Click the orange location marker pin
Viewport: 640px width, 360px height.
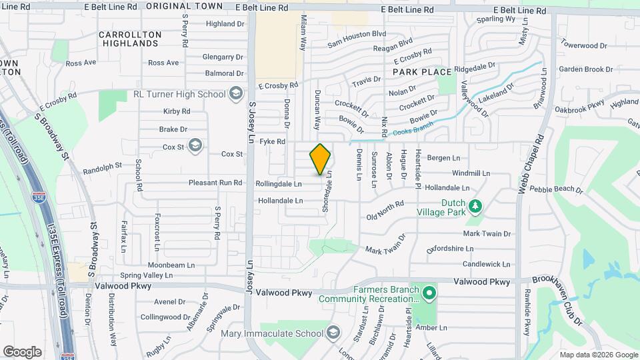pos(320,159)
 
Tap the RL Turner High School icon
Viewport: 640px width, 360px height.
pos(235,94)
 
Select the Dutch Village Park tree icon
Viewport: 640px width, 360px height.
pos(475,206)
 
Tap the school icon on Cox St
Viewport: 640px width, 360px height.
pos(195,145)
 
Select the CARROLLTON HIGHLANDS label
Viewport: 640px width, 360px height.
pos(130,39)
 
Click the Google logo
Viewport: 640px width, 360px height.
pos(23,351)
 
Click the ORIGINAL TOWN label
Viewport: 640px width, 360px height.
pos(175,6)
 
